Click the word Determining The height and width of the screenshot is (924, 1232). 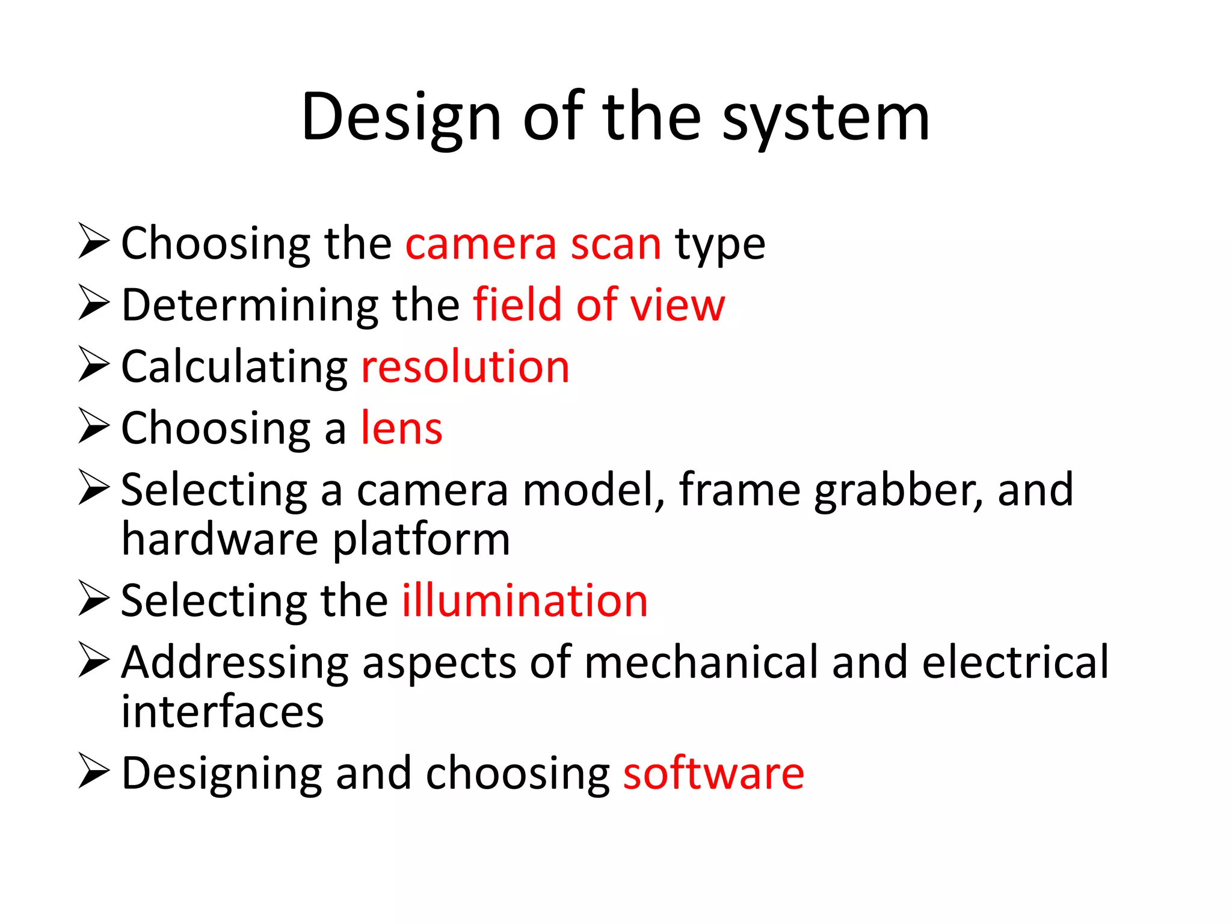click(x=250, y=306)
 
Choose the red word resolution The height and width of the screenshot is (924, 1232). click(x=465, y=366)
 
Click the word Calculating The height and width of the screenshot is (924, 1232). click(x=235, y=368)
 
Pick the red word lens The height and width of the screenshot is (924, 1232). click(x=401, y=428)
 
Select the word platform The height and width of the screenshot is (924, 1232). click(x=421, y=540)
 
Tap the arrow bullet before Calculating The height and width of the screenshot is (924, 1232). click(x=94, y=365)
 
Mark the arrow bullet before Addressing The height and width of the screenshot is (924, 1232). click(x=94, y=661)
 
